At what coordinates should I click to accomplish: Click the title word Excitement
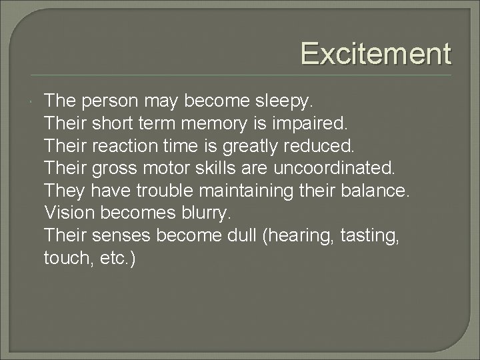(x=375, y=53)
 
